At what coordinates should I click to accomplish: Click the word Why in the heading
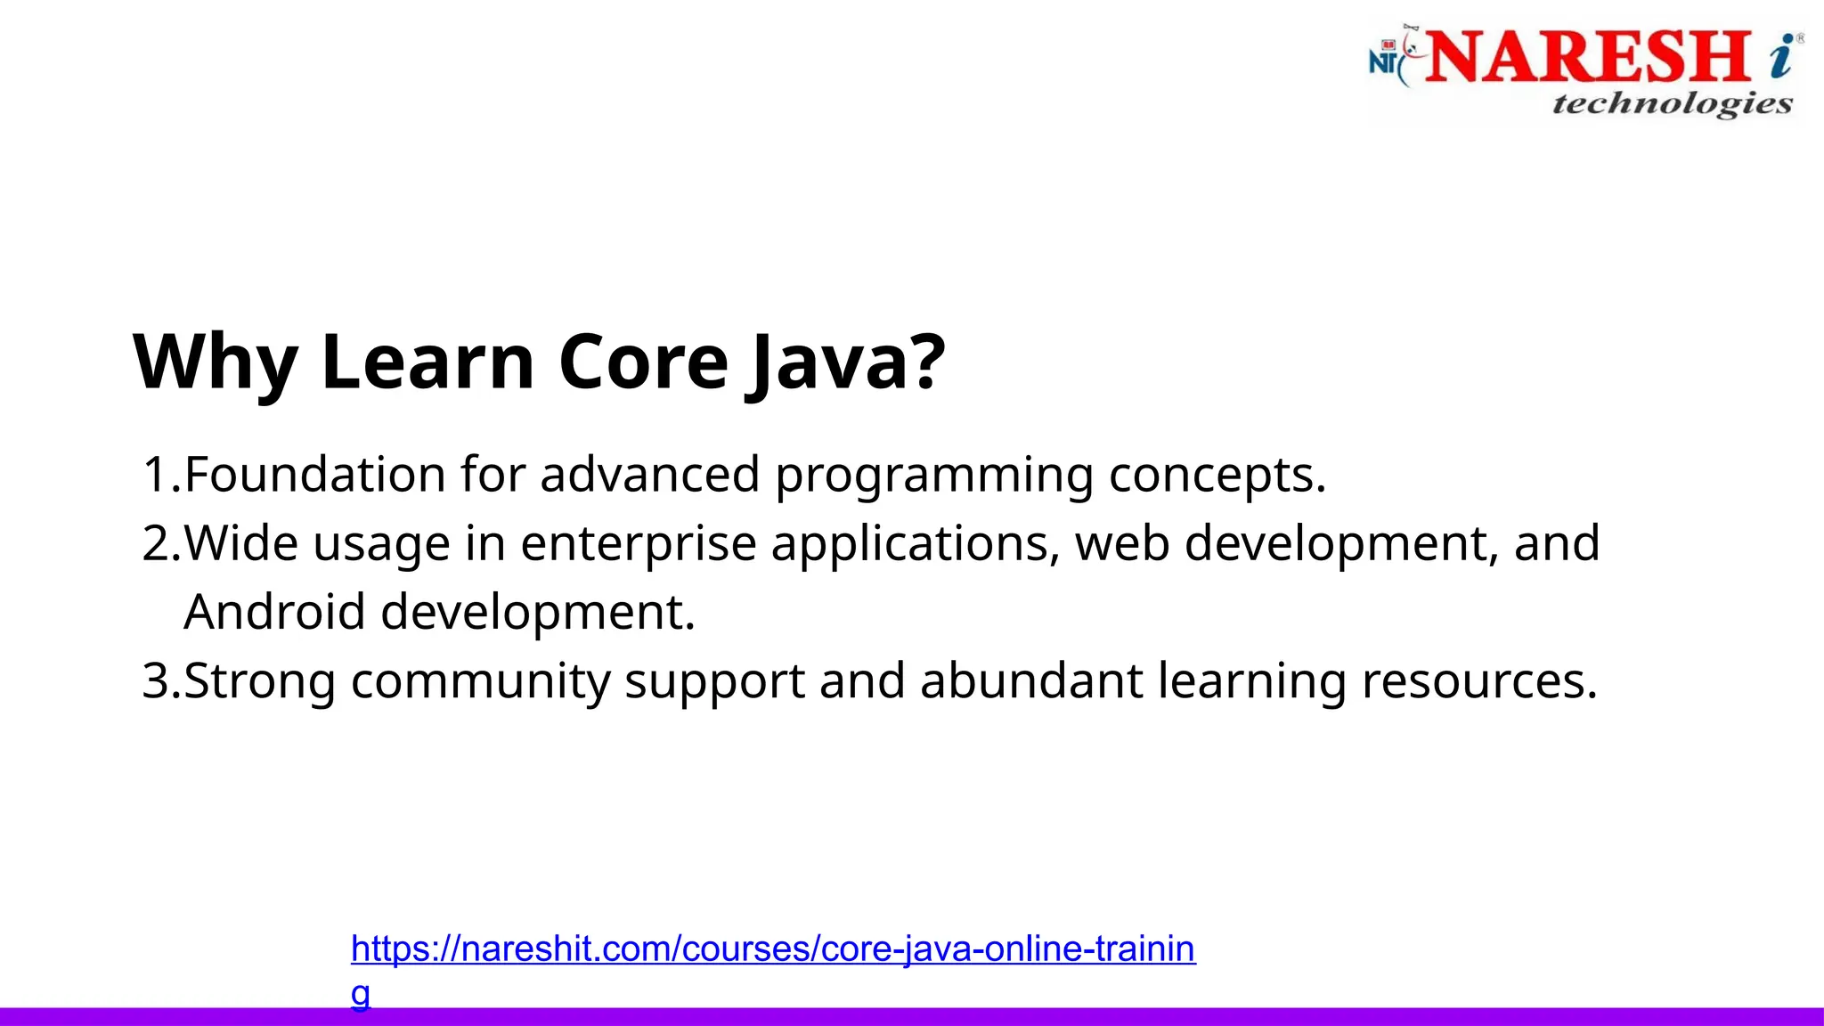click(215, 362)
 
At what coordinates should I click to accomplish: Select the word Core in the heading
click(643, 362)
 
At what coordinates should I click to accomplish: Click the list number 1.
click(157, 474)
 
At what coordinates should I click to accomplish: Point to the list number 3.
click(157, 681)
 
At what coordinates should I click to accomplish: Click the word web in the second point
click(1121, 543)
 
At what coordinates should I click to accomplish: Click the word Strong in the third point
click(259, 682)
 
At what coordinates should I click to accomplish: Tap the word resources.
click(1478, 682)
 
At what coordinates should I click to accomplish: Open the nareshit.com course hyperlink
click(772, 949)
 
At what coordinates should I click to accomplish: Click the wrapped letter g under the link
click(360, 992)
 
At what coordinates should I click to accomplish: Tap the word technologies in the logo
click(1672, 104)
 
